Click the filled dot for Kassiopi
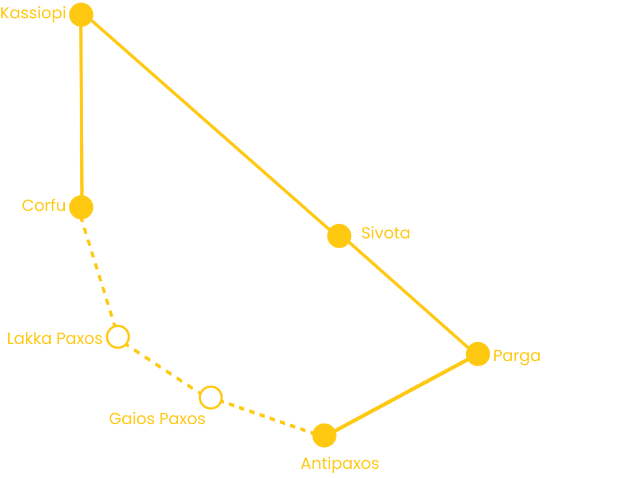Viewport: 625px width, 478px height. (x=81, y=14)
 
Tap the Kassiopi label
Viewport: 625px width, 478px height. (x=33, y=14)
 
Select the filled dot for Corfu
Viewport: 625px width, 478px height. (x=81, y=207)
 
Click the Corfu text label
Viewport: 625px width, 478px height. (x=44, y=205)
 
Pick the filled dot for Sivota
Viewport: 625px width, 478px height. (x=339, y=236)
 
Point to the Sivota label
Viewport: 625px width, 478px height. (x=385, y=233)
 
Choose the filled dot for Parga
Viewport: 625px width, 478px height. (x=478, y=354)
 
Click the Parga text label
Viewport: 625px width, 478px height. (x=517, y=356)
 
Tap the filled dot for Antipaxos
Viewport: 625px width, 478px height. (x=325, y=436)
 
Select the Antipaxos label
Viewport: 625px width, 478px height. (x=340, y=463)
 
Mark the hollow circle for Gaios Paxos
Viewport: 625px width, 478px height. (x=210, y=397)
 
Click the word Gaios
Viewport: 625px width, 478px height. (x=131, y=418)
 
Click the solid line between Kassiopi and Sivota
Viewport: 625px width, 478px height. (x=209, y=124)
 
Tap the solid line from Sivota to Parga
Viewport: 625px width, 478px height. (x=408, y=295)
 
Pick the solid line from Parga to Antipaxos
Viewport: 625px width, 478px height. (x=401, y=395)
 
